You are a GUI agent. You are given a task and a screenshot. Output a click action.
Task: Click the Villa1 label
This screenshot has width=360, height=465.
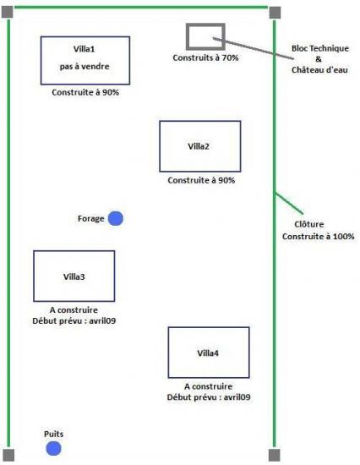85,49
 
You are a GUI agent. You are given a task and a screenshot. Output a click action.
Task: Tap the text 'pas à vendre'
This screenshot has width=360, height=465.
85,67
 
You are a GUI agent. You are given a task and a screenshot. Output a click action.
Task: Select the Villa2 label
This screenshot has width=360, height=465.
199,146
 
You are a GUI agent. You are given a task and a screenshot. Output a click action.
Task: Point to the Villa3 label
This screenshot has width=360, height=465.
74,276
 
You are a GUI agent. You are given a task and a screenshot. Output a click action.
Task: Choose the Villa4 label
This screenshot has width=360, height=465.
208,353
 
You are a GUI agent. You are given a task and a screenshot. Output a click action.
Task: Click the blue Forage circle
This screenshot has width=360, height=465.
116,219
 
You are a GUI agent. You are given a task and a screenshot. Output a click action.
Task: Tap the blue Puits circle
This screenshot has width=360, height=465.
53,448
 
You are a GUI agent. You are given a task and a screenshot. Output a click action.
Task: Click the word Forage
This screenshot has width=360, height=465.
90,219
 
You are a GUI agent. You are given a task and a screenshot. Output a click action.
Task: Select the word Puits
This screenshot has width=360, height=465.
54,435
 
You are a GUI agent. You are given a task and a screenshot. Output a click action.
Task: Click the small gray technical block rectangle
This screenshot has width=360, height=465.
205,25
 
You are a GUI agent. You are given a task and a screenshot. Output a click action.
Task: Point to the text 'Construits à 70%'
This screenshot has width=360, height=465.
205,57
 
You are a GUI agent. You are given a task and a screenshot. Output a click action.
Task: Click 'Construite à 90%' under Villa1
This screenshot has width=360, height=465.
85,92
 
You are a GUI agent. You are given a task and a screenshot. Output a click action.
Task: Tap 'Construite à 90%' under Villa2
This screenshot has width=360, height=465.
201,180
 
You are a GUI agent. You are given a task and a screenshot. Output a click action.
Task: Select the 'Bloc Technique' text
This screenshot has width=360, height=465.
320,48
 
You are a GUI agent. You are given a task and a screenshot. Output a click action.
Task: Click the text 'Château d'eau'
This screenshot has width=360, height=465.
319,70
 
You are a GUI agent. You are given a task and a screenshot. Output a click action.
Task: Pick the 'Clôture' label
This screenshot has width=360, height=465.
309,224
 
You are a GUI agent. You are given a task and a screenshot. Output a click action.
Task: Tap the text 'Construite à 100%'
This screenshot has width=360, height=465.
319,237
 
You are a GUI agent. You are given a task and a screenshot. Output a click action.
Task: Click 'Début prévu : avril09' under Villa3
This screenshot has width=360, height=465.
74,321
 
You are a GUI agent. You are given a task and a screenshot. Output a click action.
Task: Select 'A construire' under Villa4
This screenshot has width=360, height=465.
208,386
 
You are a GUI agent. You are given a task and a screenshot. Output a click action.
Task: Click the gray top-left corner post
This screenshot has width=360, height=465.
8,12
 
